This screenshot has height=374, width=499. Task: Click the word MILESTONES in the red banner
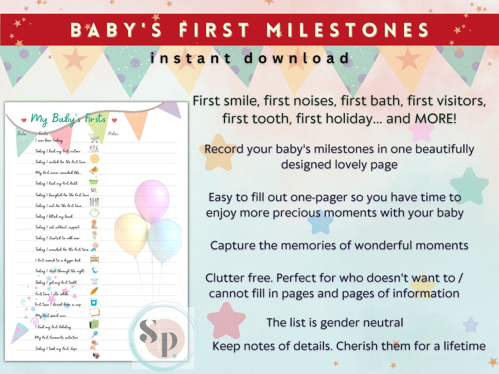point(349,30)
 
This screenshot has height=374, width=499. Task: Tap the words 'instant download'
point(249,58)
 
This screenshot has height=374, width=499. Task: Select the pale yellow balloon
point(131,233)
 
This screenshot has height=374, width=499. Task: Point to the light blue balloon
point(164,239)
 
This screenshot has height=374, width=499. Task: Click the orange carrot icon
point(94,291)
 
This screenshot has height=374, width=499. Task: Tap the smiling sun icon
point(94,159)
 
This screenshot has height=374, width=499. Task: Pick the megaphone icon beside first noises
point(94,170)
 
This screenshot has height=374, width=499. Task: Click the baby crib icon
point(94,259)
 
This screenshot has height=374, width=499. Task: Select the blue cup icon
point(94,302)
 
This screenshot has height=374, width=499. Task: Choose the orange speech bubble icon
point(95,313)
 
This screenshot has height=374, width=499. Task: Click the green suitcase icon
point(94,324)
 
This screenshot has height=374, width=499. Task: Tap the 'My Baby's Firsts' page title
point(68,119)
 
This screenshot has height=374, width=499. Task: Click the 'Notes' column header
point(113,134)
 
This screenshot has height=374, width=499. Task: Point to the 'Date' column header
point(22,134)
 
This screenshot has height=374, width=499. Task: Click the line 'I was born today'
point(49,140)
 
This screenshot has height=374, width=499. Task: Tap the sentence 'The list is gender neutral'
point(335,323)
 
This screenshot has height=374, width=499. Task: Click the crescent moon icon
point(94,270)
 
